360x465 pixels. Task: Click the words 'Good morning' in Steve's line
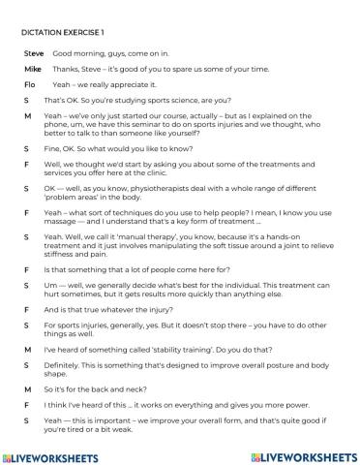[76, 54]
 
